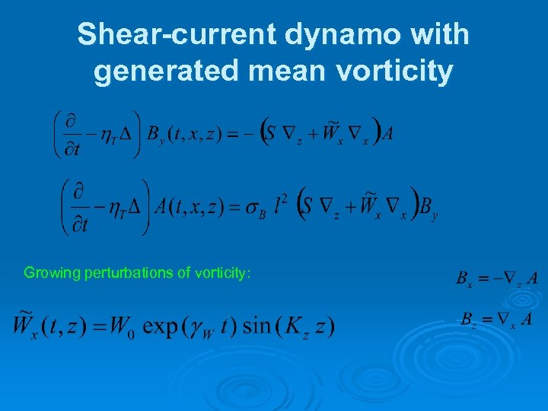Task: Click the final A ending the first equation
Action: coord(388,135)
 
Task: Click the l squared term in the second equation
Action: coord(281,203)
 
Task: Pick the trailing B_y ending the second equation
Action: coord(429,207)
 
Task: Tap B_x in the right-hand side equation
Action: coord(463,279)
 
